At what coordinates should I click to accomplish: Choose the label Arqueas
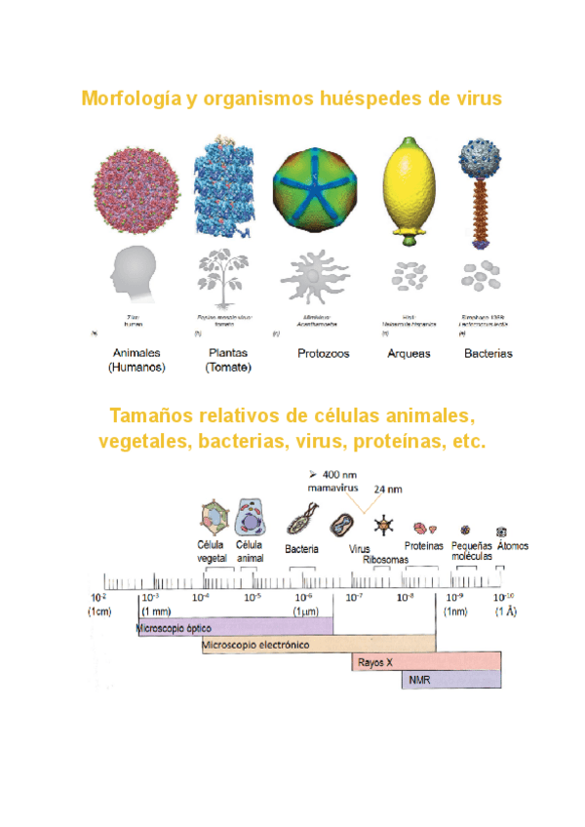[x=408, y=354]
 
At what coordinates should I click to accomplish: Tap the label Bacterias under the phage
[x=487, y=354]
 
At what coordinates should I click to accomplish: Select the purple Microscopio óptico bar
[x=234, y=627]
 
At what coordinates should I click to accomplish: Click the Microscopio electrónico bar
[x=319, y=645]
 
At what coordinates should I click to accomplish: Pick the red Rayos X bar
[x=426, y=662]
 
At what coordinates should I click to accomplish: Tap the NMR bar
[x=450, y=680]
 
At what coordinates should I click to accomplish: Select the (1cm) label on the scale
[x=100, y=611]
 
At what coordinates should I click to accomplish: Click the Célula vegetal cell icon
[x=210, y=517]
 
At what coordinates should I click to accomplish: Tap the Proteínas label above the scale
[x=425, y=546]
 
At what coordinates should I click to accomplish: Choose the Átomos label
[x=513, y=546]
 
